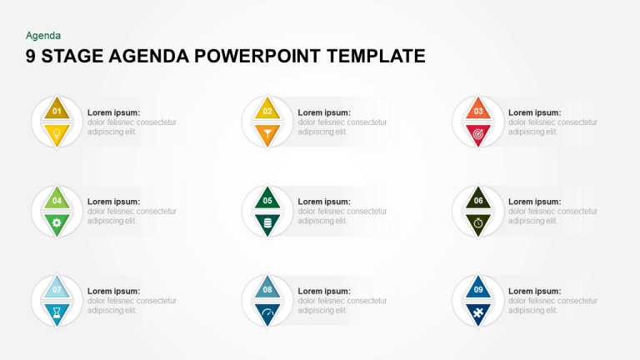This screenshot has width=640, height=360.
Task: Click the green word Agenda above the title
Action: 43,36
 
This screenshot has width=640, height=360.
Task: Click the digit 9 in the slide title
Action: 31,57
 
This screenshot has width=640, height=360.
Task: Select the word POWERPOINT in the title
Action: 257,57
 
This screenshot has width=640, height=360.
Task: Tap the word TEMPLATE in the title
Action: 376,57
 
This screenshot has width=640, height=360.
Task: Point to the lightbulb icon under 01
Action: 57,133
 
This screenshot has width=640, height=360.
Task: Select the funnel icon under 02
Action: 267,133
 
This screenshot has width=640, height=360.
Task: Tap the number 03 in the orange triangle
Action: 478,111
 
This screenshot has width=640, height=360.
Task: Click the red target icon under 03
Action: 478,133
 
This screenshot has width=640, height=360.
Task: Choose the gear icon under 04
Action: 57,222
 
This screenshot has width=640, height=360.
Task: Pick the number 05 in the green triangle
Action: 267,200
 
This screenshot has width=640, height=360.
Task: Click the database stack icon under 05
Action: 267,222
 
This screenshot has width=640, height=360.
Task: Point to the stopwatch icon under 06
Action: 478,222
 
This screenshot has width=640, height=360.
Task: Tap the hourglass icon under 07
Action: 57,312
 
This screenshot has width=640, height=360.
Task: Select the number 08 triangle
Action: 267,287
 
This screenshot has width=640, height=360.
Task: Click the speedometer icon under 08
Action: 267,312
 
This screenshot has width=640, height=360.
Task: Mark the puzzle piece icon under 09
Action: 478,312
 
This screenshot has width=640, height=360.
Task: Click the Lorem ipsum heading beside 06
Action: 535,202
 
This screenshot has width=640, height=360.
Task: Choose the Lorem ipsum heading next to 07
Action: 113,291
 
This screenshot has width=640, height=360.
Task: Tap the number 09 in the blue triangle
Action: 478,289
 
